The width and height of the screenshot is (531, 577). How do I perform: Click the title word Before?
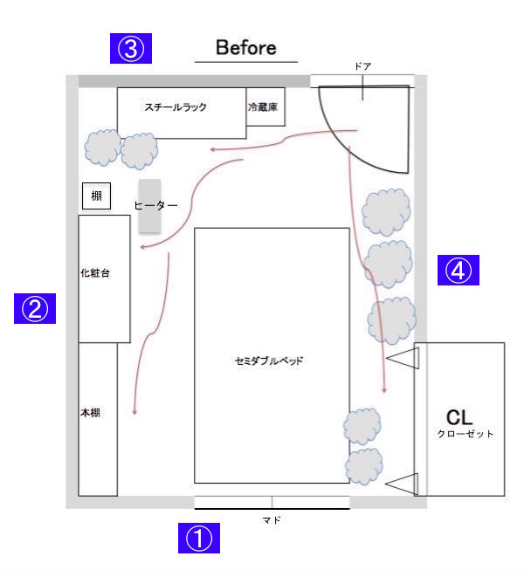click(x=246, y=48)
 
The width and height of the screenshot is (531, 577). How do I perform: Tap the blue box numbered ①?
click(x=200, y=539)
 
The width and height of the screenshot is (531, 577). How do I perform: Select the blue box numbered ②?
click(x=35, y=307)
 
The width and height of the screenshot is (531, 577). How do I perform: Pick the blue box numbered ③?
click(x=131, y=48)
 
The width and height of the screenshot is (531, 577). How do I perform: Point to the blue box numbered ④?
click(x=459, y=271)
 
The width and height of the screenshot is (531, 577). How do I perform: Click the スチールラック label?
click(x=176, y=107)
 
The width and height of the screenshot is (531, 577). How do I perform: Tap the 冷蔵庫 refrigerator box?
click(x=265, y=106)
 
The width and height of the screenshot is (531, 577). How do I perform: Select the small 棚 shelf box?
click(x=96, y=196)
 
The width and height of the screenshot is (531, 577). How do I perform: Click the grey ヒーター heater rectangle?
click(x=149, y=206)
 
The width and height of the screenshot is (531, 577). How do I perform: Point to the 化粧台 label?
click(x=94, y=273)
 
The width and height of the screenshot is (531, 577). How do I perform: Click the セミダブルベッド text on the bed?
click(x=269, y=360)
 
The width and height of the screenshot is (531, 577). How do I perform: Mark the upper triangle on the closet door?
click(x=403, y=358)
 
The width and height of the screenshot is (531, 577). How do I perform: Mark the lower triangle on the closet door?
click(x=403, y=482)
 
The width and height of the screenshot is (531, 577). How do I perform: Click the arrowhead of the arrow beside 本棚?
click(x=134, y=413)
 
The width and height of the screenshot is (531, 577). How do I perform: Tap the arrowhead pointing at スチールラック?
click(x=211, y=149)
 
